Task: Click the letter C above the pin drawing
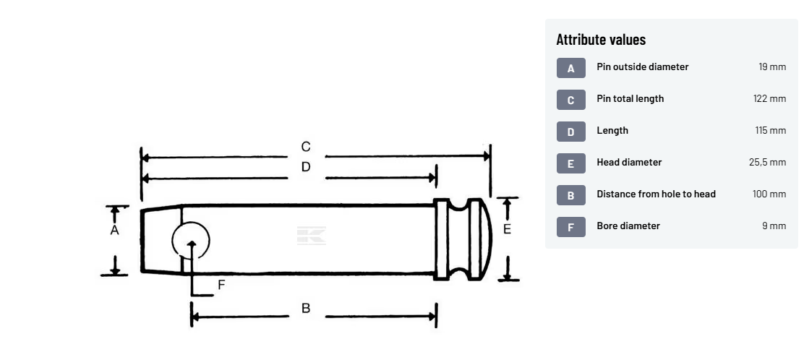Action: (306, 147)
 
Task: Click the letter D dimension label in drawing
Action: (306, 167)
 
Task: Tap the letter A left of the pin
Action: (114, 231)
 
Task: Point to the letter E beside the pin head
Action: (507, 229)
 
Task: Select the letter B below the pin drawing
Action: (306, 308)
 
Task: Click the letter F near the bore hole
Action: (221, 285)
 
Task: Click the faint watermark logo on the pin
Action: (311, 236)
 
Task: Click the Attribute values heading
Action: (601, 40)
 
